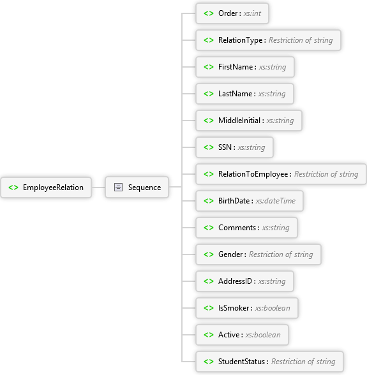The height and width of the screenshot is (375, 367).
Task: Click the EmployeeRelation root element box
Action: pyautogui.click(x=46, y=187)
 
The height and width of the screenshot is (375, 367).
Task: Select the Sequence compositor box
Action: pyautogui.click(x=137, y=187)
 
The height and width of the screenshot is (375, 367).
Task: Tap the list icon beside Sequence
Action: pyautogui.click(x=118, y=187)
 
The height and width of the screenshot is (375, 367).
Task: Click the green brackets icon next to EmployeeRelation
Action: pyautogui.click(x=13, y=187)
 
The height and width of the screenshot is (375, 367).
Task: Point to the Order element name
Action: pyautogui.click(x=228, y=13)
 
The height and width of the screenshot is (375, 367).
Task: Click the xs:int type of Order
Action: pyautogui.click(x=252, y=13)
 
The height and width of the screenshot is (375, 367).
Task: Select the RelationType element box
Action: pyautogui.click(x=268, y=40)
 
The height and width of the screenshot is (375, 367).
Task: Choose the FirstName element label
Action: pyautogui.click(x=236, y=67)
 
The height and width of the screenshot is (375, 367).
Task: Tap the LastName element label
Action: pyautogui.click(x=235, y=94)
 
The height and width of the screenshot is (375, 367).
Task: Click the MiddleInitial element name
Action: pyautogui.click(x=239, y=121)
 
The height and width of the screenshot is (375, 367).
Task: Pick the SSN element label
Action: pyautogui.click(x=225, y=147)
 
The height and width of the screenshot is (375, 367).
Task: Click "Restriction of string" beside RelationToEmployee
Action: pyautogui.click(x=326, y=174)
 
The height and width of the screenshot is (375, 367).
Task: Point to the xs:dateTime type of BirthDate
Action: pyautogui.click(x=276, y=201)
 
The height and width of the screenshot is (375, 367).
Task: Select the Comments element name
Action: pyautogui.click(x=237, y=228)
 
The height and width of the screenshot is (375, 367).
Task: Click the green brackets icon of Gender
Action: pyautogui.click(x=209, y=254)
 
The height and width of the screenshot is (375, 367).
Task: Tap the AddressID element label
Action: pyautogui.click(x=235, y=281)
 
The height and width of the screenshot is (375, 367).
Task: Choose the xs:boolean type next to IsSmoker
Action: pyautogui.click(x=273, y=308)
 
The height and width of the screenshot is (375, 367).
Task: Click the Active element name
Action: pyautogui.click(x=229, y=335)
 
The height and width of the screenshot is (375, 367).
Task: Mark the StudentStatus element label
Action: pyautogui.click(x=241, y=362)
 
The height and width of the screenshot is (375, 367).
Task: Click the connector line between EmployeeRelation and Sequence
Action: pyautogui.click(x=98, y=187)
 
